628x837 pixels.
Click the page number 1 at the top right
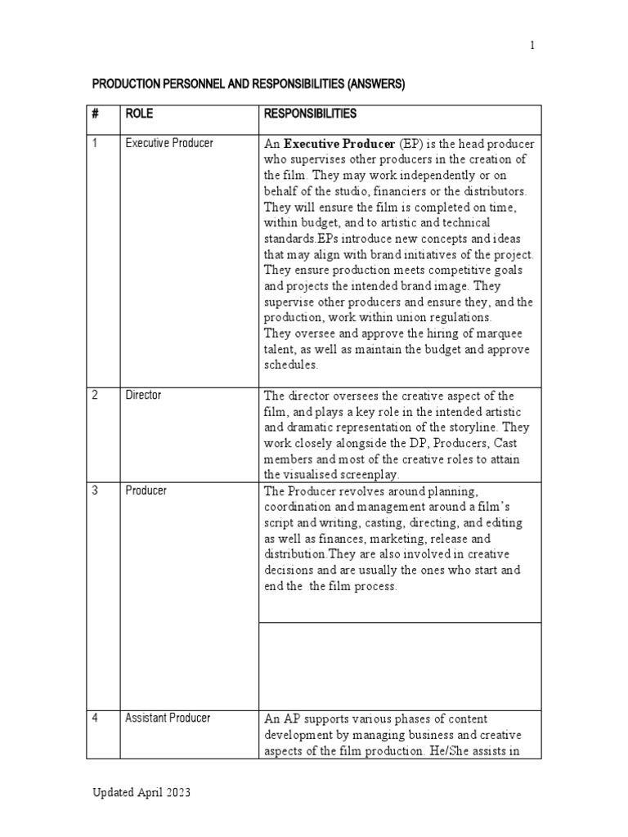click(x=532, y=46)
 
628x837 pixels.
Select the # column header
click(x=95, y=114)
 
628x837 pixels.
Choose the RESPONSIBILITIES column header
click(x=310, y=114)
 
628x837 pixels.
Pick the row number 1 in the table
click(x=95, y=143)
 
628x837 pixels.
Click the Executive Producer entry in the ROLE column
click(x=169, y=143)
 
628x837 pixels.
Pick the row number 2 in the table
click(x=95, y=395)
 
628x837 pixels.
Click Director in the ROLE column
click(x=143, y=395)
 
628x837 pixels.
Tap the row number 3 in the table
click(x=95, y=490)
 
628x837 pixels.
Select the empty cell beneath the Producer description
click(x=399, y=665)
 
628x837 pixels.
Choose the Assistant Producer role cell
click(x=168, y=718)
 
